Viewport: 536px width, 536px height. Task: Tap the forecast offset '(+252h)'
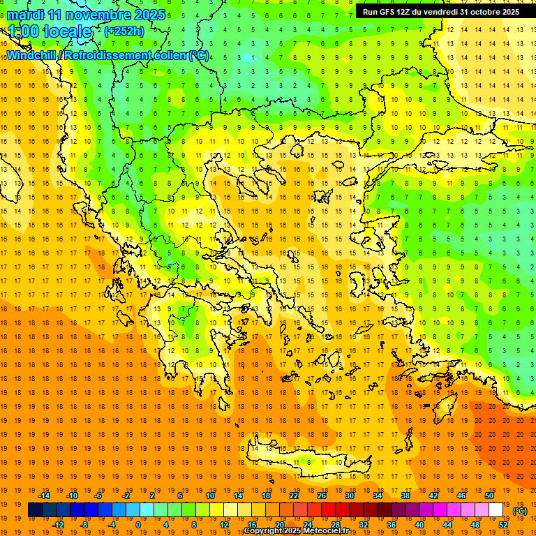[x=124, y=31]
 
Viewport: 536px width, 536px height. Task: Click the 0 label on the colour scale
[x=138, y=525]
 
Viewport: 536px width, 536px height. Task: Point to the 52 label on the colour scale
[x=504, y=525]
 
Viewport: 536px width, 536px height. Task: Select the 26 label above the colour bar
[x=322, y=495]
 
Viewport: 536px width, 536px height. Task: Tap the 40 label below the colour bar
[x=419, y=525]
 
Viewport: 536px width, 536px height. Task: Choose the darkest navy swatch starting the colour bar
[x=35, y=510]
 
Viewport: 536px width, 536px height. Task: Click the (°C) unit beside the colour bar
[x=520, y=510]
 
